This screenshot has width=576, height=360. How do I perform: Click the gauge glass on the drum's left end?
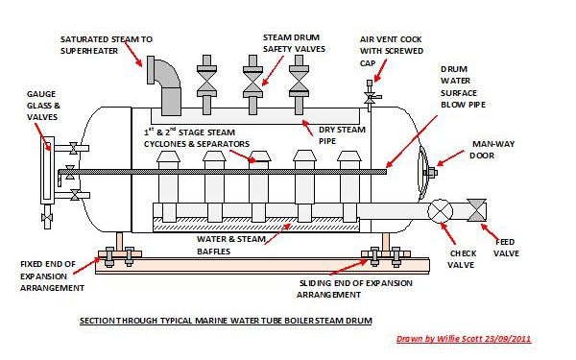coord(49,173)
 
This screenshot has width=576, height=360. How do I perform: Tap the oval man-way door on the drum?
coord(423,172)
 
